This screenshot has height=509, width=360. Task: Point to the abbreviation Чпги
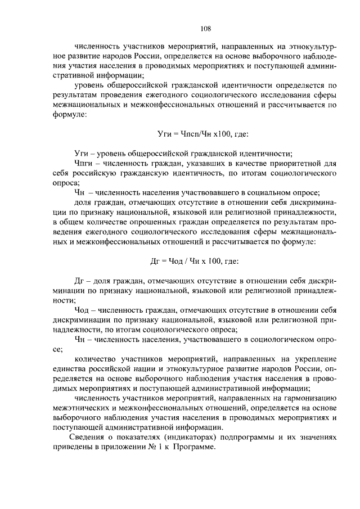pyautogui.click(x=84, y=164)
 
